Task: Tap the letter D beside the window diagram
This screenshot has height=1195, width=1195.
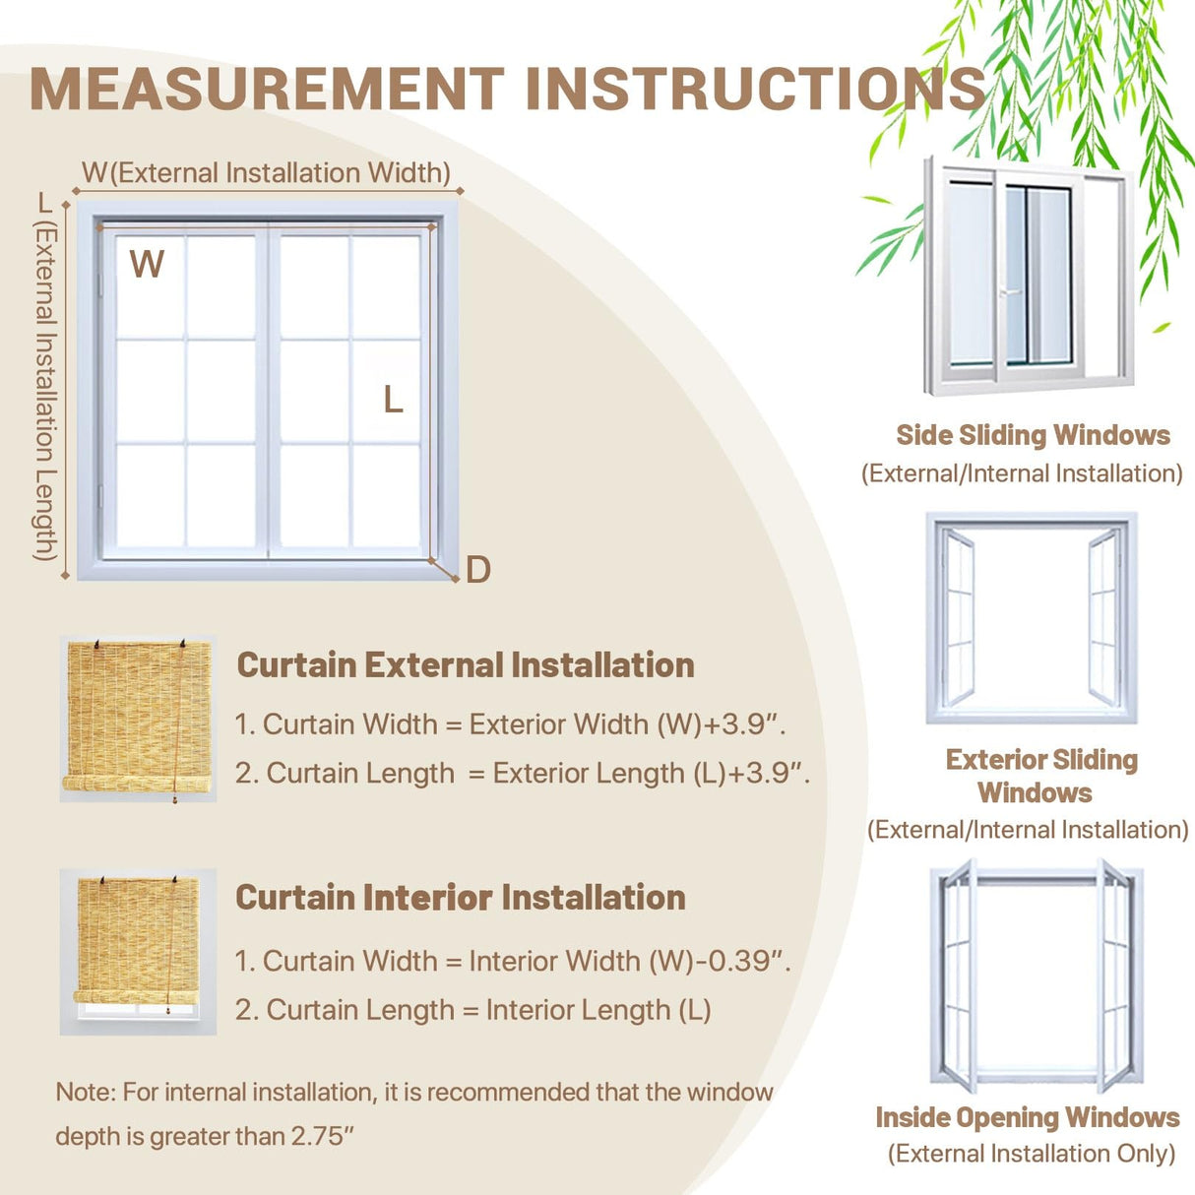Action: tap(478, 570)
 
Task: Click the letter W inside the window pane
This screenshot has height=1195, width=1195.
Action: tap(147, 265)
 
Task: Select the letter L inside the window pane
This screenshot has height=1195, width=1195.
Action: tap(393, 400)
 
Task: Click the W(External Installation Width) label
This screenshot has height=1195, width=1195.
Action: tap(266, 173)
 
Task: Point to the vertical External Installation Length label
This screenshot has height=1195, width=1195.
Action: tap(45, 389)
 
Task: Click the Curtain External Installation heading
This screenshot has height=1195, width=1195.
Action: tap(466, 664)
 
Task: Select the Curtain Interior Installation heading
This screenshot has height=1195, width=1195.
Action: tap(461, 898)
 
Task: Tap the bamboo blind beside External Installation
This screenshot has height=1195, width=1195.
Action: tap(138, 718)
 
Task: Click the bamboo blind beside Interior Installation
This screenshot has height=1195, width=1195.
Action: tap(138, 949)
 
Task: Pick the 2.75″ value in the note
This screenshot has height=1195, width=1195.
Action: tap(322, 1136)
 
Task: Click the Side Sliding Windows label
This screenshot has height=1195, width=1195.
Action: tap(1033, 435)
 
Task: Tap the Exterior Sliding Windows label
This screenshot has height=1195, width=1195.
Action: tap(1040, 776)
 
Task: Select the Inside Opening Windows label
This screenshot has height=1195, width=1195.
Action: tap(1027, 1117)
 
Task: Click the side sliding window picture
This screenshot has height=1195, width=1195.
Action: tap(1028, 275)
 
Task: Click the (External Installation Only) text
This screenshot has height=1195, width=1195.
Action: tap(1031, 1154)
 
